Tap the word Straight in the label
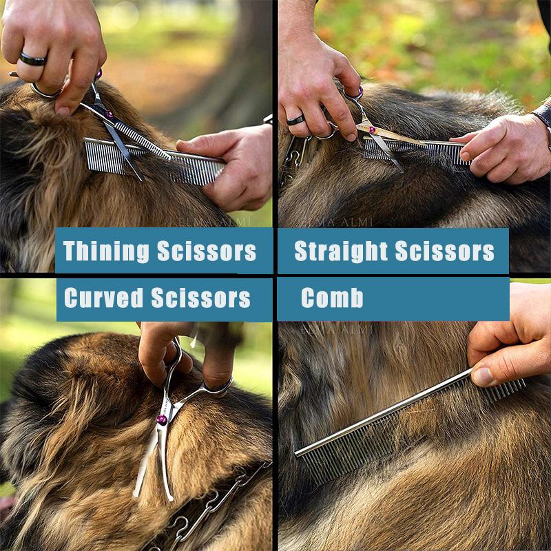click(x=335, y=251)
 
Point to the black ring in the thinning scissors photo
click(x=32, y=59)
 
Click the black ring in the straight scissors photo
click(x=296, y=120)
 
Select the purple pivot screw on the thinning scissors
click(x=109, y=115)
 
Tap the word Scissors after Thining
click(x=207, y=251)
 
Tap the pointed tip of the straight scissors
click(x=401, y=169)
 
